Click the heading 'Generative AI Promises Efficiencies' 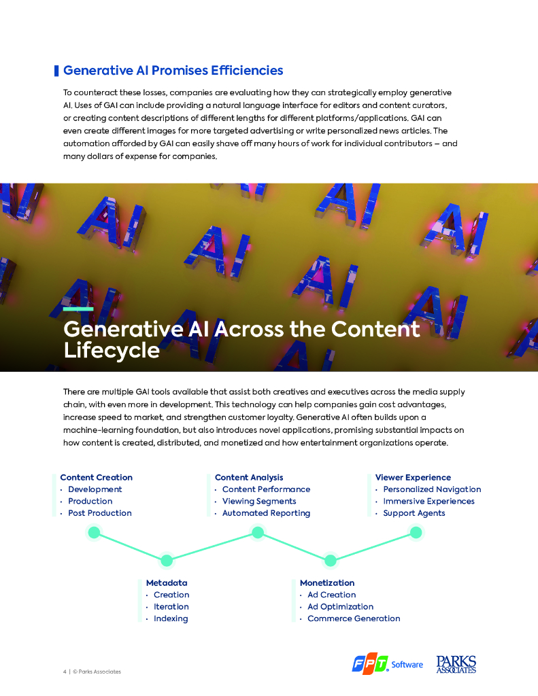click(173, 71)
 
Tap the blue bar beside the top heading click(56, 71)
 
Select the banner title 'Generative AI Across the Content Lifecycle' click(241, 339)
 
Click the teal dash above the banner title click(78, 309)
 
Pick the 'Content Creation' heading click(96, 478)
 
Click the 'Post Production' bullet click(99, 513)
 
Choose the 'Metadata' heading click(167, 583)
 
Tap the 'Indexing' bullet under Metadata click(170, 619)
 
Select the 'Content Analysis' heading click(249, 478)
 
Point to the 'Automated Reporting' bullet click(266, 513)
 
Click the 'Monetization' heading click(327, 583)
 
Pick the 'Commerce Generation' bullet click(354, 619)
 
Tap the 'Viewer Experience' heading click(413, 478)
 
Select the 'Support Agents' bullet click(414, 513)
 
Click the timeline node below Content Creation click(95, 532)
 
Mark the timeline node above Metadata click(166, 561)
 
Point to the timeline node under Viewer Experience click(416, 532)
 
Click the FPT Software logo click(387, 664)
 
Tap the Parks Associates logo click(456, 664)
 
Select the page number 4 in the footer click(65, 672)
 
